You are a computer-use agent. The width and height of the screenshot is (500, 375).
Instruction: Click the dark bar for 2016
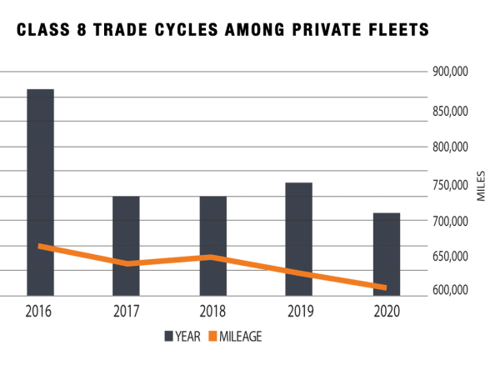(x=40, y=192)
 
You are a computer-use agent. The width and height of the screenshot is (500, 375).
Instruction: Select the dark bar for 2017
(x=126, y=246)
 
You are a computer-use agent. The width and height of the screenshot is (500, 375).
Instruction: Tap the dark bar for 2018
(x=212, y=246)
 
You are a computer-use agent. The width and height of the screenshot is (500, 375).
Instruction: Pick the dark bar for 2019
(x=298, y=239)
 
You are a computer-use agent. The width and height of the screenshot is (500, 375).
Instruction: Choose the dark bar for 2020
(x=386, y=254)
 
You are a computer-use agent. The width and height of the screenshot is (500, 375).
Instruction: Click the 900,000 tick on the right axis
(x=450, y=72)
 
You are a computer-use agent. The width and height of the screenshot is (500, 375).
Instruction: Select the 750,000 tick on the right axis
(x=450, y=185)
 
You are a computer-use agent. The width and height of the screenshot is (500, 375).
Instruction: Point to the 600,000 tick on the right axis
(x=450, y=290)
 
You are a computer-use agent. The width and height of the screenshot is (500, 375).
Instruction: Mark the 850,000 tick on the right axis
(x=450, y=111)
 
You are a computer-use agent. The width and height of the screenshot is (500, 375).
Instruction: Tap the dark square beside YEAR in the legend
(x=168, y=336)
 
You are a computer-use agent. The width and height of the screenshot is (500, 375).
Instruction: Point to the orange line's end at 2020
(x=386, y=287)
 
